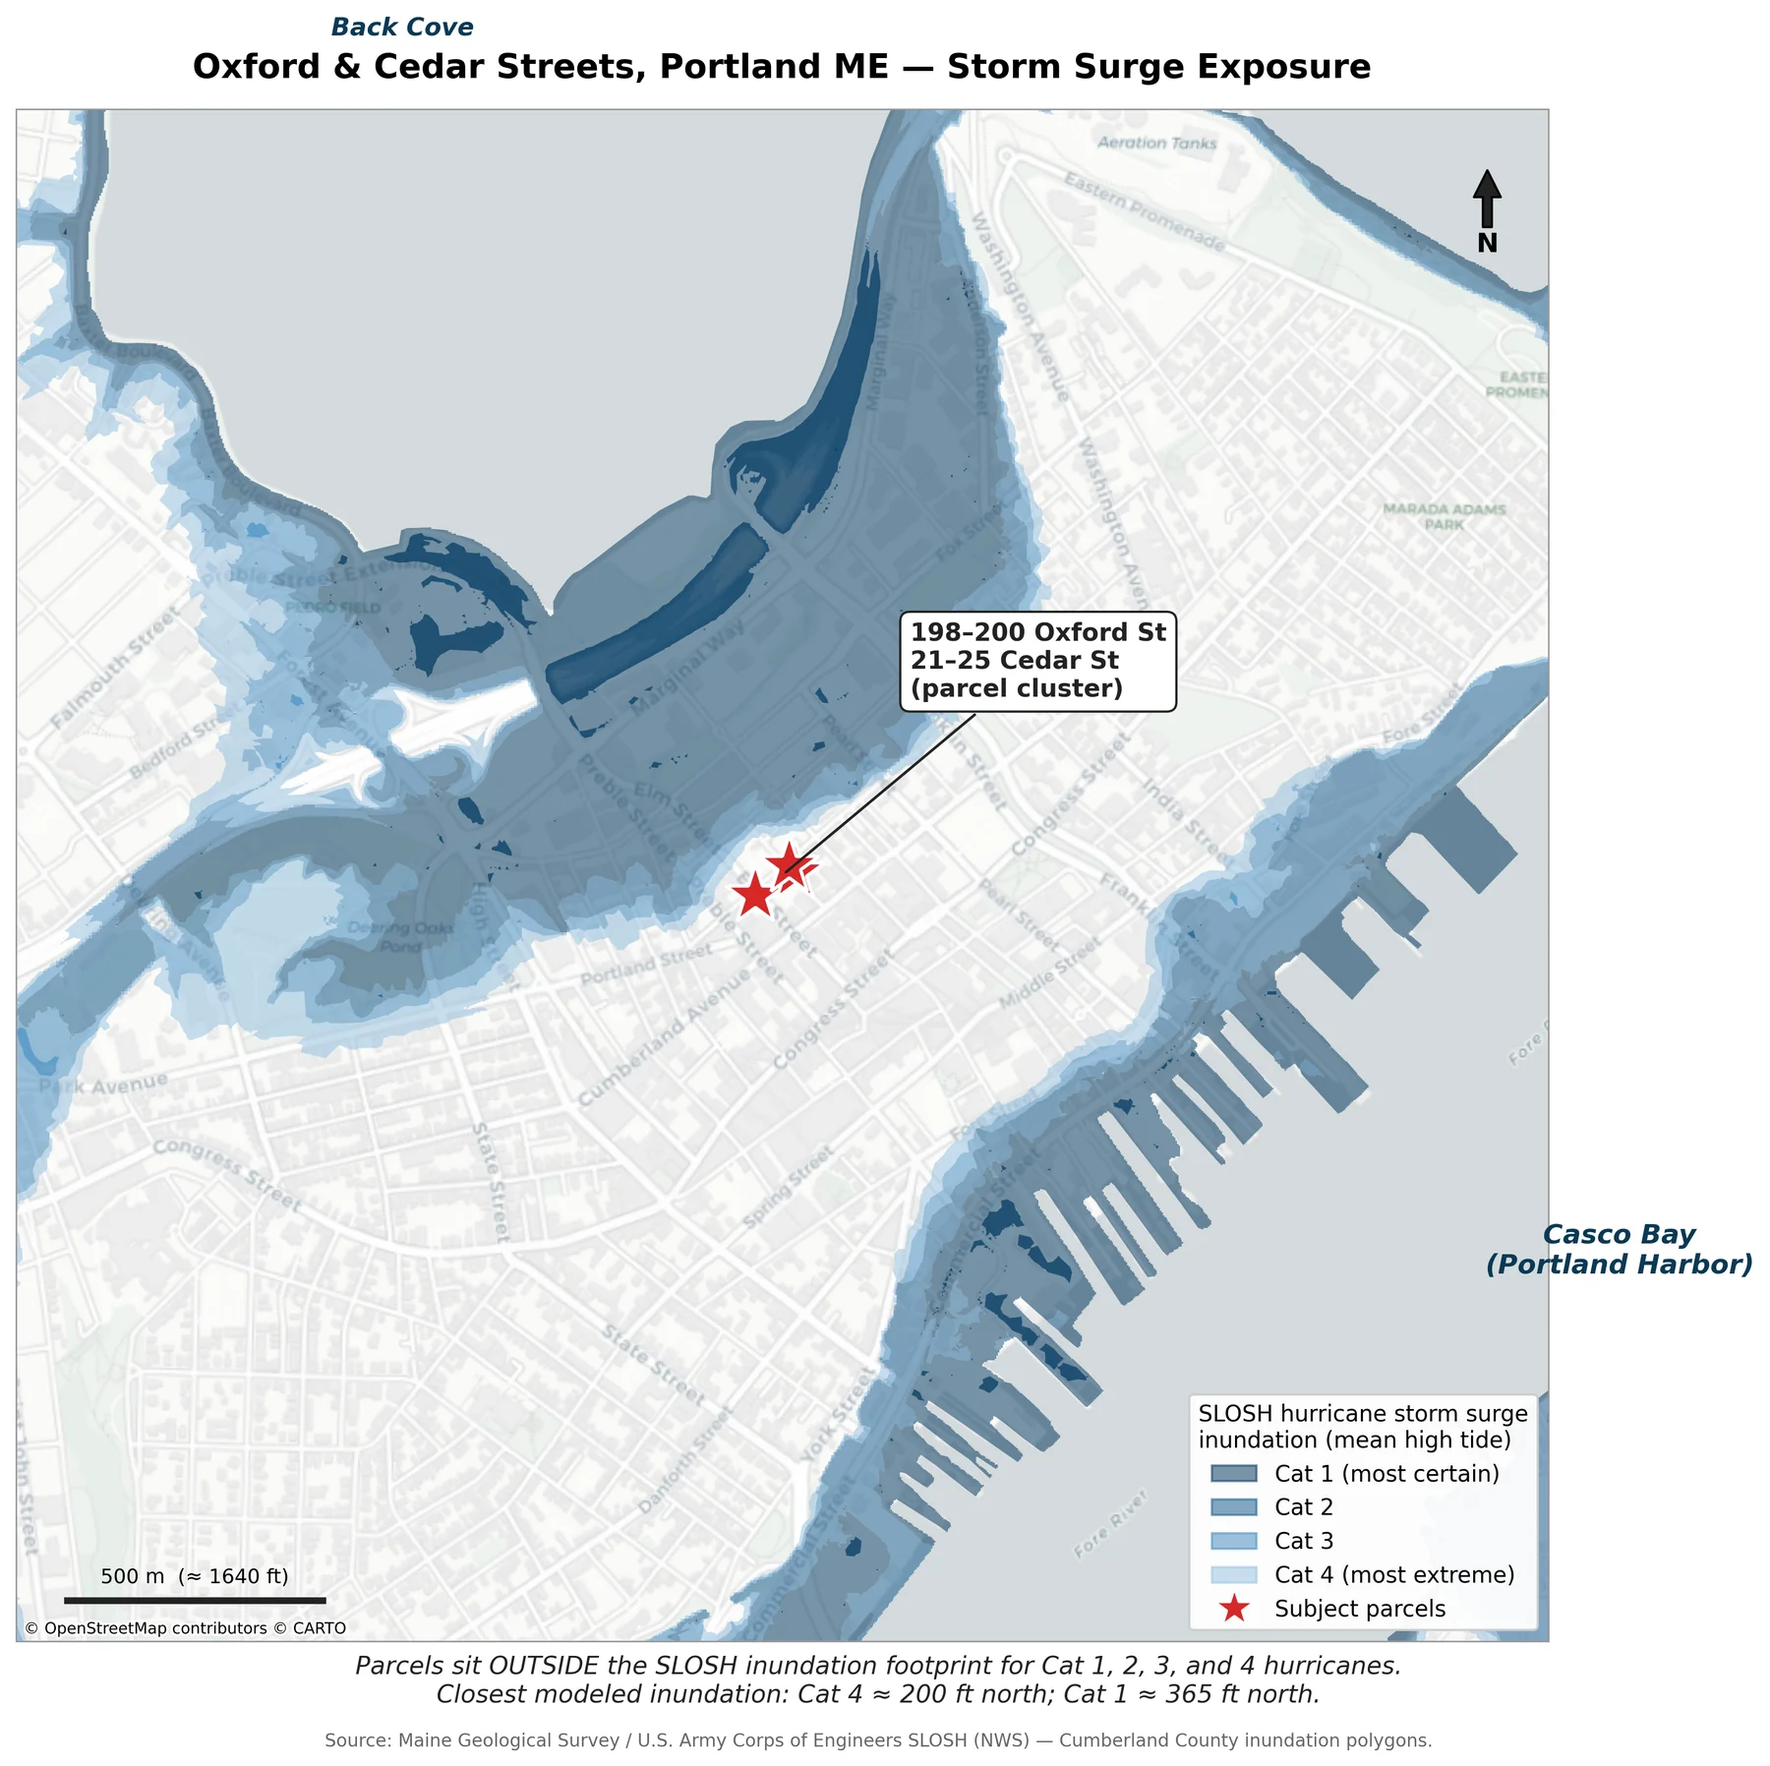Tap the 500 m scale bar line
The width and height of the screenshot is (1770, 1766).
coord(195,1601)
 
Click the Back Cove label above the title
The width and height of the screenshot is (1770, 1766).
coord(402,28)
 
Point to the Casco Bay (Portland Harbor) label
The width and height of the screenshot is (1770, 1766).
coord(1619,1249)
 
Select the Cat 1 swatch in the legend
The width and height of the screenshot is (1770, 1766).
coord(1233,1473)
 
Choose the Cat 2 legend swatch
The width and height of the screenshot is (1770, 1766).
coord(1233,1507)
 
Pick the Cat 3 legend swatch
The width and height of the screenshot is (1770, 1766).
coord(1233,1541)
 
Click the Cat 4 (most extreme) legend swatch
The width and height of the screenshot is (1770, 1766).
coord(1233,1574)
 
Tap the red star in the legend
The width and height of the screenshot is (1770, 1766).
coord(1233,1609)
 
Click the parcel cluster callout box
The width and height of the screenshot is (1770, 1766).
coord(1037,660)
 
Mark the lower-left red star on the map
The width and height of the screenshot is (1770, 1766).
coord(754,896)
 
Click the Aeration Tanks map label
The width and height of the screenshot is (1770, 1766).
coord(1156,144)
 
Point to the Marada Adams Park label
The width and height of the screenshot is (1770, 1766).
coord(1444,516)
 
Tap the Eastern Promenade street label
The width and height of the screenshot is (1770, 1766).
coord(1145,211)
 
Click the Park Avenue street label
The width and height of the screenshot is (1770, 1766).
coord(104,1085)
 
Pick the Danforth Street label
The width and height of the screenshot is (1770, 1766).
coord(685,1459)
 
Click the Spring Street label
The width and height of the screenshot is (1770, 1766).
coord(788,1187)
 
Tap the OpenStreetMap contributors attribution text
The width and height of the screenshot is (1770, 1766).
coord(185,1628)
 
